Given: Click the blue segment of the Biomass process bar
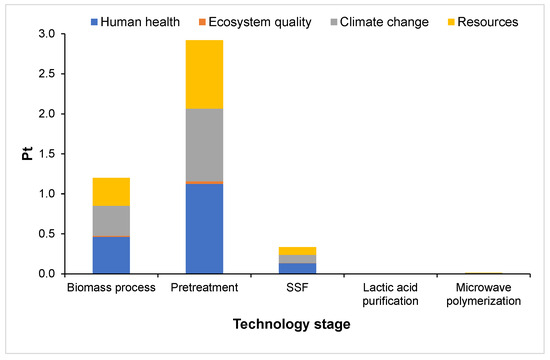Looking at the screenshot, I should coord(111,255).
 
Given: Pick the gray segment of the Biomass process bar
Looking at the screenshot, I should coord(111,221).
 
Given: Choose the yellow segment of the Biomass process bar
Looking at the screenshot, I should coord(111,191).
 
